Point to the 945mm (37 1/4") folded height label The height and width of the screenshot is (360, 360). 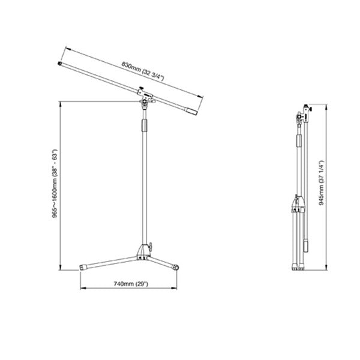point(322,181)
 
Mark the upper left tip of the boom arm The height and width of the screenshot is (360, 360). point(61,62)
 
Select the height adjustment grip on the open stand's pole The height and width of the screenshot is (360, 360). point(144,127)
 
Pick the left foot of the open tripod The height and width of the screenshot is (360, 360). point(83,267)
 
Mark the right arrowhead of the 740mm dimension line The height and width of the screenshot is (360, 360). point(178,289)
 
